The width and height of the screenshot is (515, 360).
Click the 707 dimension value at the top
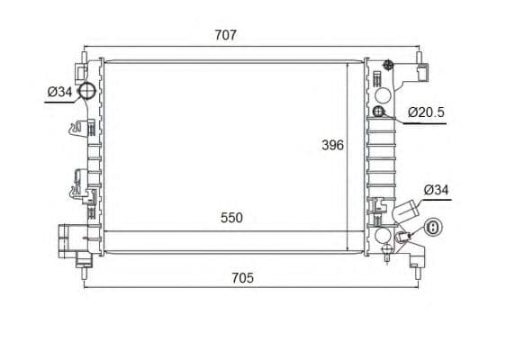[x=225, y=35]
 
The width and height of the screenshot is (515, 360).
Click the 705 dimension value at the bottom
[x=243, y=278]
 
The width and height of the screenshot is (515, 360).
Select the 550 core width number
[x=231, y=218]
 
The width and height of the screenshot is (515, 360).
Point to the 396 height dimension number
[x=333, y=145]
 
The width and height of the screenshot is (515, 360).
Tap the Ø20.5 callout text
[x=426, y=112]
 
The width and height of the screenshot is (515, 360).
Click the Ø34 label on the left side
[x=59, y=92]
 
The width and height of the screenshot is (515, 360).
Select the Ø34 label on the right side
[x=436, y=190]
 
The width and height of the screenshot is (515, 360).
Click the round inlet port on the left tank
[x=87, y=91]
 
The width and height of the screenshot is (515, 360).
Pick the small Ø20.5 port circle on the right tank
[x=379, y=112]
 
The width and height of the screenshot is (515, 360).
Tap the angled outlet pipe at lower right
[x=407, y=211]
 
